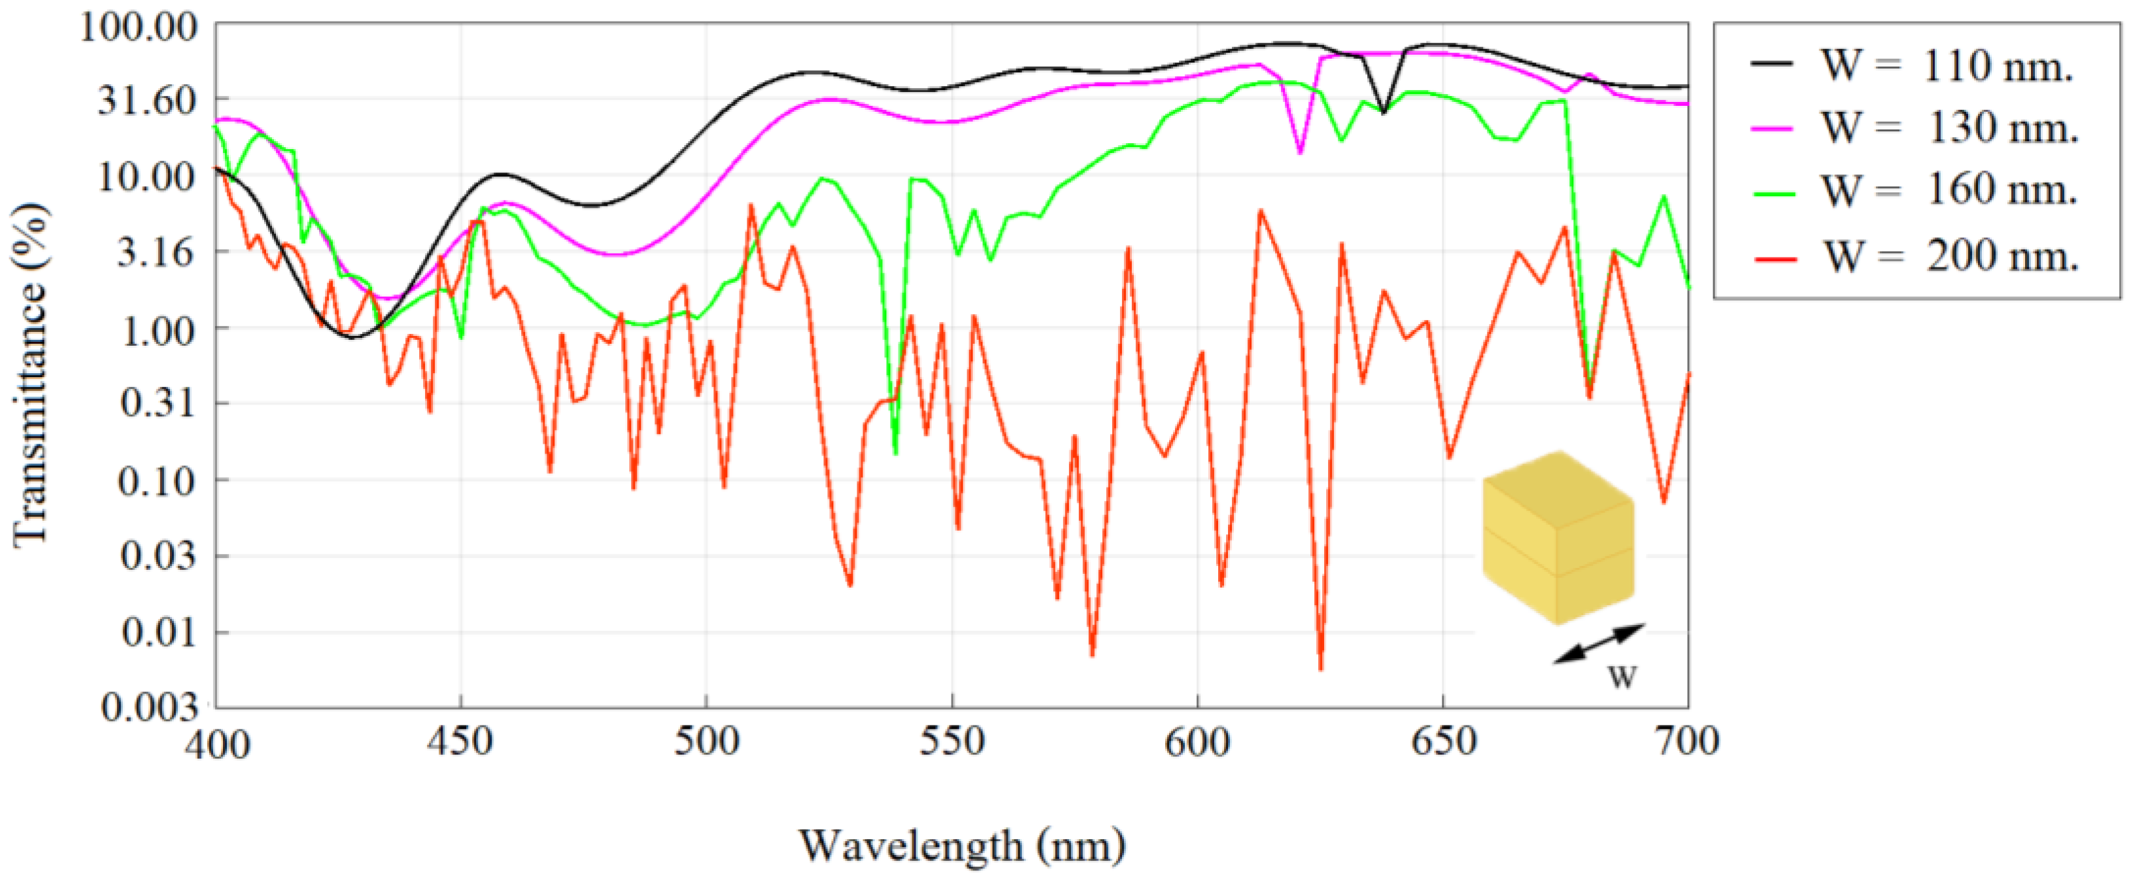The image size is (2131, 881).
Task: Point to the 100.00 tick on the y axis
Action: pos(139,27)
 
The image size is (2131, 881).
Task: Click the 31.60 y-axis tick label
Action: pos(147,100)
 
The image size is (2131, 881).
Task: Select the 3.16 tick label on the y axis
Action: pos(157,252)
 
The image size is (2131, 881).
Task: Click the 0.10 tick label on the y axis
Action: pos(157,480)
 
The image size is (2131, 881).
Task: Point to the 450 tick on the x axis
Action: pos(460,741)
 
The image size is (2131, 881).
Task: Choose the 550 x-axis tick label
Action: pos(951,741)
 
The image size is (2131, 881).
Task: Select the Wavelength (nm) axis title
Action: pos(961,846)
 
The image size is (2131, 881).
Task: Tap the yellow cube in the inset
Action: pos(1557,538)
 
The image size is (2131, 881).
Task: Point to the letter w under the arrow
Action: pos(1622,676)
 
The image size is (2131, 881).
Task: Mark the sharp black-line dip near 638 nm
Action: pos(1383,111)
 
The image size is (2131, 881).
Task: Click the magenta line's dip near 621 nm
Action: pos(1301,152)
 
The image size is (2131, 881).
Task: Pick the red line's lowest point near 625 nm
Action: pos(1320,669)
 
